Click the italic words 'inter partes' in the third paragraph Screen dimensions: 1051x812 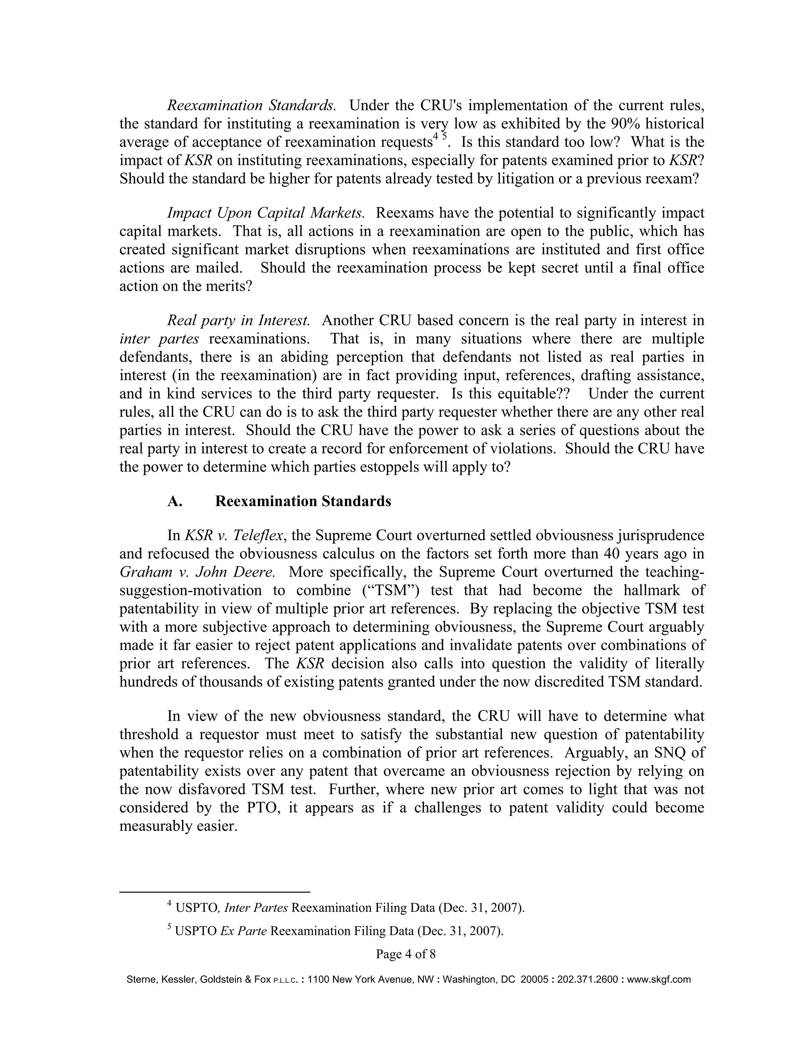point(159,339)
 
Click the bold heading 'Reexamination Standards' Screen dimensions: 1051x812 point(303,501)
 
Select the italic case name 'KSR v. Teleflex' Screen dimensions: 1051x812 point(233,535)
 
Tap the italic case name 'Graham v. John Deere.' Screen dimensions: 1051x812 point(197,572)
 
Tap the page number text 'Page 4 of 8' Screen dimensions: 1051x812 point(406,954)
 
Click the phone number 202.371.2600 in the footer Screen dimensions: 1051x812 point(587,979)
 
